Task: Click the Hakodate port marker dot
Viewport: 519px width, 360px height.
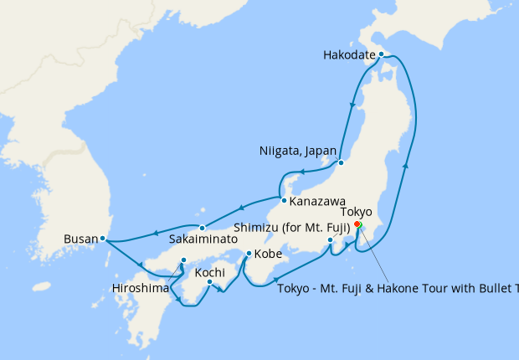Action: click(x=381, y=54)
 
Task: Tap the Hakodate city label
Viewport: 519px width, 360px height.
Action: click(x=348, y=55)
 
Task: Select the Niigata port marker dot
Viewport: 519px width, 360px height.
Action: click(x=341, y=162)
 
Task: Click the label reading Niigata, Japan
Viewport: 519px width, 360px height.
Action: click(x=296, y=152)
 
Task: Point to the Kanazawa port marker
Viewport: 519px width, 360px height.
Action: click(x=285, y=201)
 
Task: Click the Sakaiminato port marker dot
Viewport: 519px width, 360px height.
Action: click(x=203, y=228)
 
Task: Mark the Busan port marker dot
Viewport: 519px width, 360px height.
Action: click(x=102, y=239)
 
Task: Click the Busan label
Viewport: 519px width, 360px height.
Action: click(x=80, y=239)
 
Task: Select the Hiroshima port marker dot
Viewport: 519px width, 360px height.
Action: click(x=183, y=260)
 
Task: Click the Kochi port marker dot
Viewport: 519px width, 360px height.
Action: click(x=209, y=282)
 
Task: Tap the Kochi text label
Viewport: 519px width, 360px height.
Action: click(x=209, y=272)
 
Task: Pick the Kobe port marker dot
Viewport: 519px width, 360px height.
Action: click(x=249, y=253)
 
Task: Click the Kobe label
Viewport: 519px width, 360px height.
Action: click(x=268, y=254)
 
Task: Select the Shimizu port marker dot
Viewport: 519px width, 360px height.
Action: click(x=331, y=241)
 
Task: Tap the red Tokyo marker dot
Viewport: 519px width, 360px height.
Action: click(x=357, y=224)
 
